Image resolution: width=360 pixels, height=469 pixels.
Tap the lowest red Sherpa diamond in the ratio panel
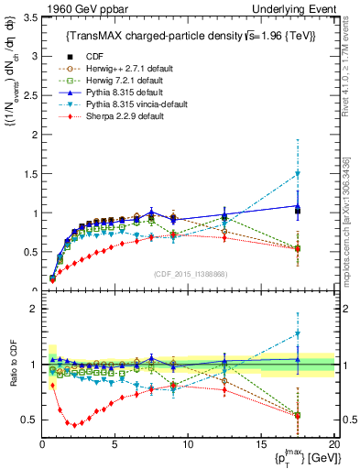(x=71, y=424)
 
